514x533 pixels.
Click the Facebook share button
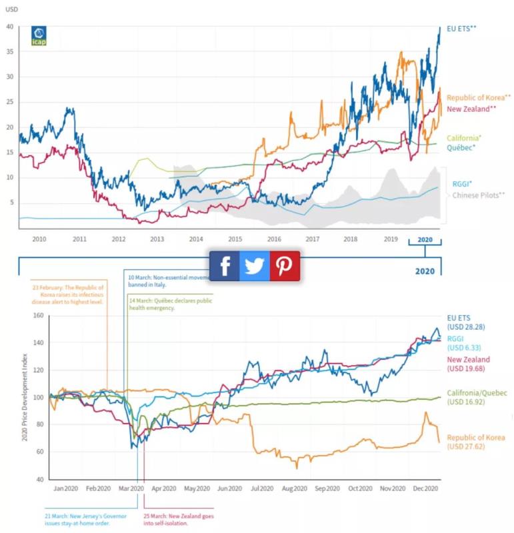tap(225, 266)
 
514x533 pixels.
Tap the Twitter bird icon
tap(254, 266)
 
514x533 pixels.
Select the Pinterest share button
tap(285, 266)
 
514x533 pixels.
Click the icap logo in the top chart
tap(39, 36)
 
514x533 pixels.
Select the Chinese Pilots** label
tap(479, 195)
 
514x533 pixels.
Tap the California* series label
tap(464, 137)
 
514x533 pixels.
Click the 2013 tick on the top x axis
tap(157, 239)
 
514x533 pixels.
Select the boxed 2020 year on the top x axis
tap(425, 239)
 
